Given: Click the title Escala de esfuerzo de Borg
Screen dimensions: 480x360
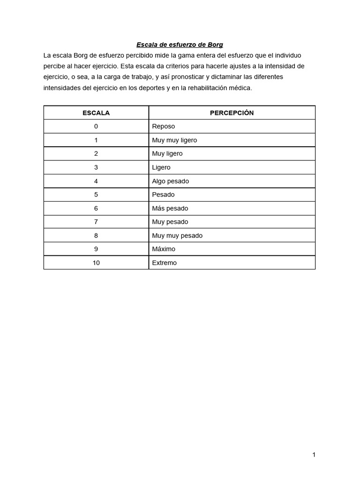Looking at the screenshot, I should (x=180, y=45).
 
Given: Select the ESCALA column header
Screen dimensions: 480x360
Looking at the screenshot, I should (x=96, y=113).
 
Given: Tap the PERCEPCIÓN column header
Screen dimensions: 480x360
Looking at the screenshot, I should (x=232, y=113).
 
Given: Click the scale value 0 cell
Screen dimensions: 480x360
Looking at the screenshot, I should (x=96, y=127).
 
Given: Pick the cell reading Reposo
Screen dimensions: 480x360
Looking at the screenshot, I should (x=164, y=127).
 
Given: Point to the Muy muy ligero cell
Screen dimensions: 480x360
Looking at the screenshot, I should (x=174, y=140).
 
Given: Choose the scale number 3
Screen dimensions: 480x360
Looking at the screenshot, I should (x=96, y=167).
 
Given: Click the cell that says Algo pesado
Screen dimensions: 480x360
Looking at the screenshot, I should (x=171, y=181).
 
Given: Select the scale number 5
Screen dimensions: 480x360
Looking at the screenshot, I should (x=96, y=195).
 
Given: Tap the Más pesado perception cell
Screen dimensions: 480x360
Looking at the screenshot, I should (x=170, y=208).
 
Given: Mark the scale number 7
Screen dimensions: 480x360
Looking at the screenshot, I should (x=96, y=222).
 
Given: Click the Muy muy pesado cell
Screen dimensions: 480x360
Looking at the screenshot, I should (x=177, y=235).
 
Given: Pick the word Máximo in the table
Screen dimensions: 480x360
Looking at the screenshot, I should (x=164, y=249).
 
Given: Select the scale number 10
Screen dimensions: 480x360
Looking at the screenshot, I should (x=96, y=263).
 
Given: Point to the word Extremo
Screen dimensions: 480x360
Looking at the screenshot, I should (x=165, y=263).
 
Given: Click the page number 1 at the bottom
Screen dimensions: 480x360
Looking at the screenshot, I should (x=314, y=455).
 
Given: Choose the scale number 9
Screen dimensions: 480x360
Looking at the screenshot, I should (x=96, y=249).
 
